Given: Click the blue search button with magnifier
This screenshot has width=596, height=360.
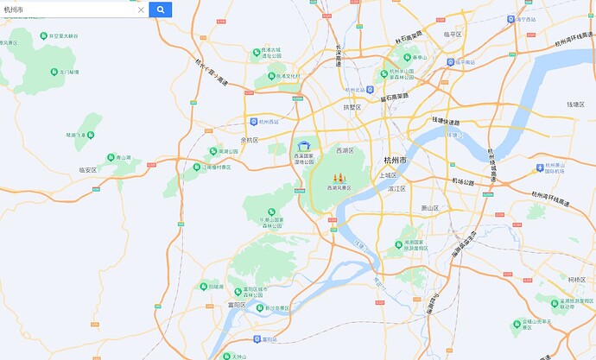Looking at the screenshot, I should click(161, 9).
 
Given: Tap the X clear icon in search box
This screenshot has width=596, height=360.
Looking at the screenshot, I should click(141, 10).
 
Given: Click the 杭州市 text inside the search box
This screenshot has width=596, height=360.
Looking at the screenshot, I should click(15, 10).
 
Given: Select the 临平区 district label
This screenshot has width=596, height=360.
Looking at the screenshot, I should click(453, 34).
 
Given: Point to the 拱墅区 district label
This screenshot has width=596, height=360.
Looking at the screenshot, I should click(352, 108).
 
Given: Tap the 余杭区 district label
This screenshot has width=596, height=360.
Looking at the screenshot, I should click(250, 139).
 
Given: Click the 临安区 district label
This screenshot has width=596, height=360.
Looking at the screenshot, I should click(87, 170).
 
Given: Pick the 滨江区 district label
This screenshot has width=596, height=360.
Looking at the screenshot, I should click(397, 187).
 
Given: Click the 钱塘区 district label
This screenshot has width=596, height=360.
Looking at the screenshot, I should click(576, 104).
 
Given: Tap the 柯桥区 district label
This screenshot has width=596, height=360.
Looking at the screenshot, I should click(577, 280).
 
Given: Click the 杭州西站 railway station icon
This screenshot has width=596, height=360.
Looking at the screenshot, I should click(252, 122).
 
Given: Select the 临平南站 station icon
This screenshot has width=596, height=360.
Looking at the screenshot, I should click(452, 61).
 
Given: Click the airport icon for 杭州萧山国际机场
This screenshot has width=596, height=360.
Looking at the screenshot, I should click(541, 167).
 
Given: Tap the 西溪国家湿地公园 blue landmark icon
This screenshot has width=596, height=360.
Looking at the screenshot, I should click(303, 146).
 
